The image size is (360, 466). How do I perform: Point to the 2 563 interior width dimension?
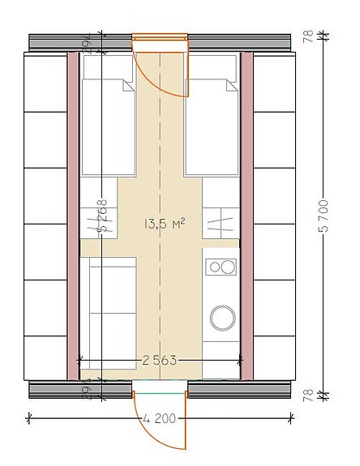(159, 359)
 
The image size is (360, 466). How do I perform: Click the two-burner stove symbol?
(221, 266)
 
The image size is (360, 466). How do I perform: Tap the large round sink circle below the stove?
(221, 316)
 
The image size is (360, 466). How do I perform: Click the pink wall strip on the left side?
(73, 215)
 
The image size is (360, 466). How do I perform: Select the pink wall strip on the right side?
(247, 215)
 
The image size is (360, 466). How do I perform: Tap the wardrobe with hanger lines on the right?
(221, 220)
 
